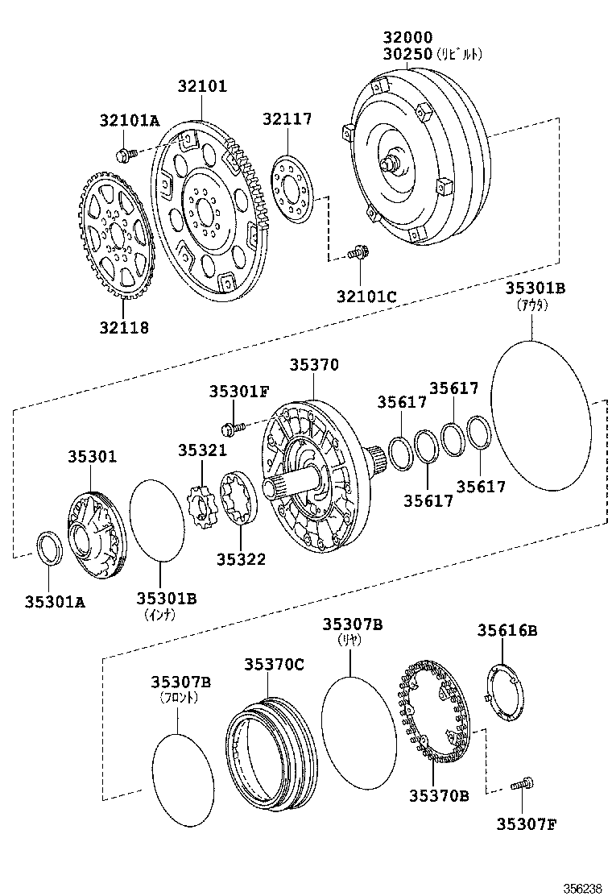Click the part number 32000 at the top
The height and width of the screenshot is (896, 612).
coord(407,38)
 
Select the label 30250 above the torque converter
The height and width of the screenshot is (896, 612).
coord(407,55)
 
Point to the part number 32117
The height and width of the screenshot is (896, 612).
coord(287,119)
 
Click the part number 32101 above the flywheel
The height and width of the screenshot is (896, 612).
coord(202,86)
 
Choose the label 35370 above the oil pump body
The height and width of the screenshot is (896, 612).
coord(314,365)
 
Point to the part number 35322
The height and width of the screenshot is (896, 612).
coord(241,558)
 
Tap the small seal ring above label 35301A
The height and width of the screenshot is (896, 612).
coord(51,549)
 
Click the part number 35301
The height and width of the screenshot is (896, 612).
coord(92,457)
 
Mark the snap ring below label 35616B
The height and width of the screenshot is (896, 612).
coord(504,694)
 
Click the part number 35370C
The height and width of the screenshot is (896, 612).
coord(274,664)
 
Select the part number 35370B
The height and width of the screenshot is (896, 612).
coord(438,796)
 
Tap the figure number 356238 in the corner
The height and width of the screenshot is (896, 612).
coord(582,887)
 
